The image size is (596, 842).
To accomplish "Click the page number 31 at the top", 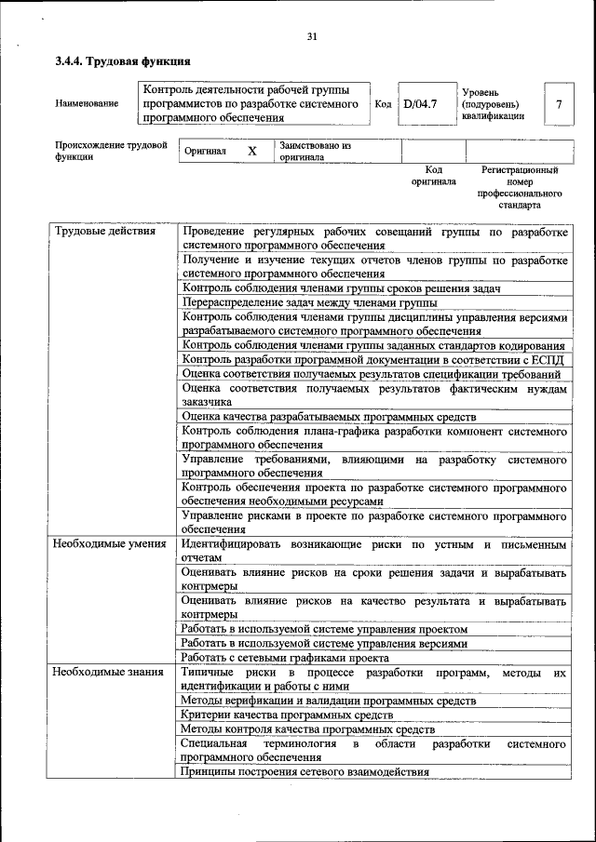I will [312, 36].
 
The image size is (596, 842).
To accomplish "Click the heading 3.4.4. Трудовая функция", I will [123, 61].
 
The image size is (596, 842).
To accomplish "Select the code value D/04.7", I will [420, 104].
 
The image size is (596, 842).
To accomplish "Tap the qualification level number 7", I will [558, 104].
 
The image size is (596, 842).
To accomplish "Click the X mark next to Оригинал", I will [251, 151].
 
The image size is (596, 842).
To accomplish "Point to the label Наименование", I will [87, 104].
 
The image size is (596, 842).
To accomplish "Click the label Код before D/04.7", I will [382, 104].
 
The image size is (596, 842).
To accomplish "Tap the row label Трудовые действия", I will [103, 231].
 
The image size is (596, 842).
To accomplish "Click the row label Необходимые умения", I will [109, 543].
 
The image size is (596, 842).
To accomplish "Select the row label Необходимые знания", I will [108, 672].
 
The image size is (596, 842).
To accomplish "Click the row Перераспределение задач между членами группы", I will [310, 303].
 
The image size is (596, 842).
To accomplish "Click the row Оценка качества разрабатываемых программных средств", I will [329, 416].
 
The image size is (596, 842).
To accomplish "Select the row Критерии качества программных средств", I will [287, 715].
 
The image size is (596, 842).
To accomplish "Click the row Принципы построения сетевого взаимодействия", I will [305, 772].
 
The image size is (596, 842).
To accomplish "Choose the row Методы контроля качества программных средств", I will [302, 729].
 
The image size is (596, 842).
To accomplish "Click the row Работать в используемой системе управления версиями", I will [324, 643].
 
